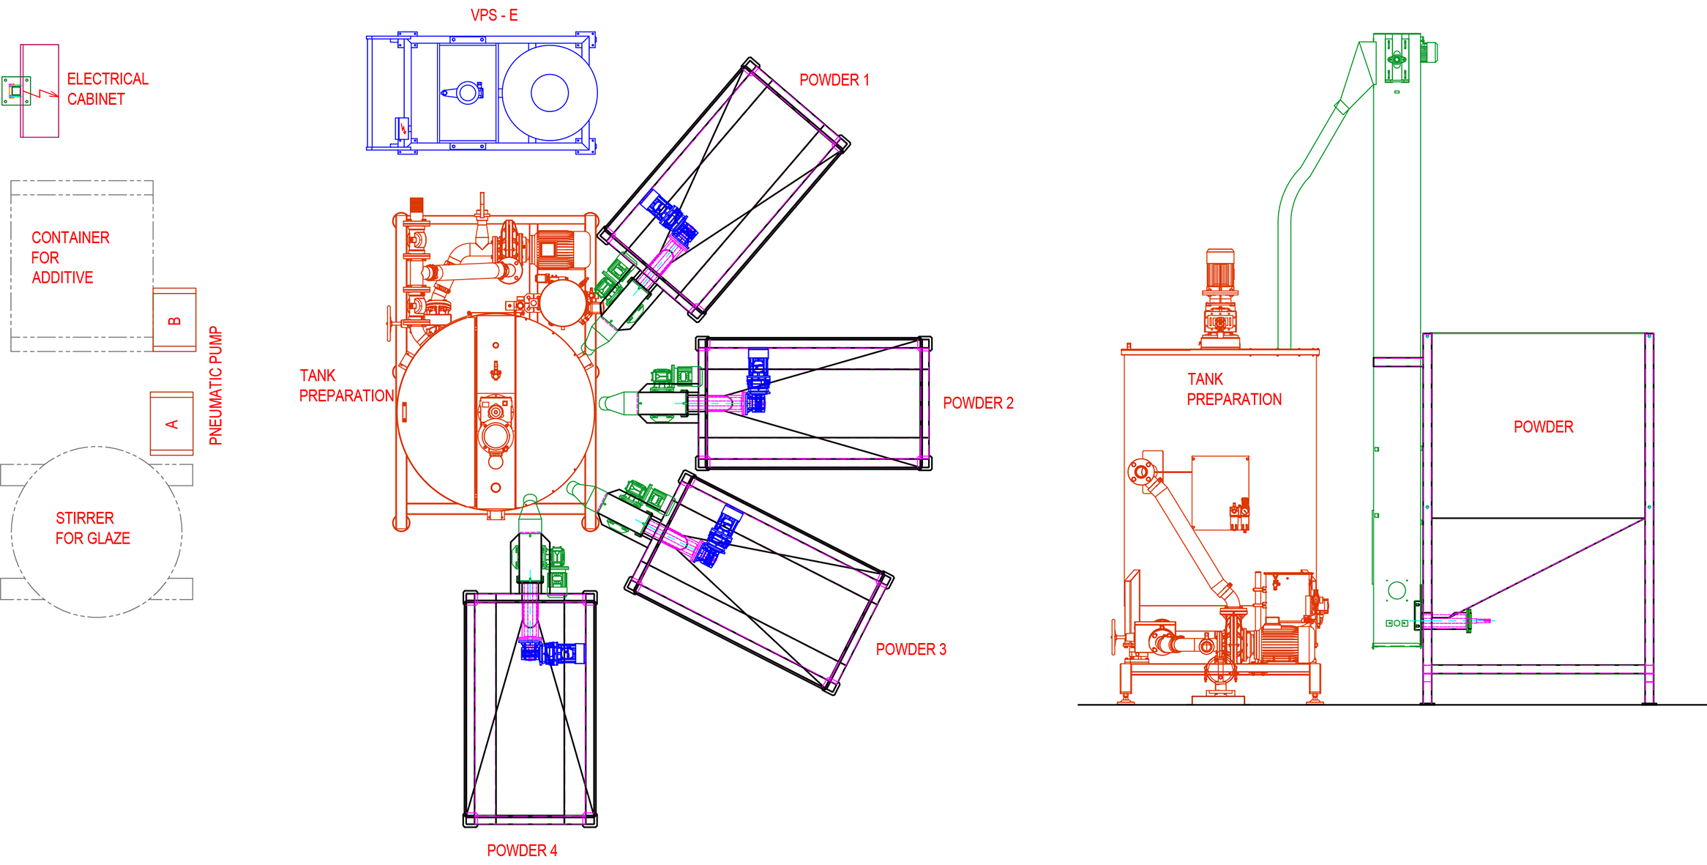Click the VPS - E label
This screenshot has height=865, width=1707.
pos(494,15)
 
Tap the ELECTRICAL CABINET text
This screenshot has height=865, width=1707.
pos(107,89)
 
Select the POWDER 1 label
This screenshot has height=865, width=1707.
pos(834,80)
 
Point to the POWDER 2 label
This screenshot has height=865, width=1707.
pos(978,403)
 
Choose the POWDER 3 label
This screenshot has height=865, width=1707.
pos(911,649)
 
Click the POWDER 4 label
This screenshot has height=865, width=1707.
pos(522,850)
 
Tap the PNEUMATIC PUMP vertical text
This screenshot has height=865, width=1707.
pos(215,385)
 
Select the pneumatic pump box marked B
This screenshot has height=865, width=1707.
pos(174,320)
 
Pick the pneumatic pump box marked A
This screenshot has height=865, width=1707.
pos(172,424)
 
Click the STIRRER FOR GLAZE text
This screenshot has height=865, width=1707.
pos(92,528)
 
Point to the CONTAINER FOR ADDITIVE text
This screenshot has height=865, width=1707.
pos(70,257)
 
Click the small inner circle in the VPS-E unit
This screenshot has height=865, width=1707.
pos(549,93)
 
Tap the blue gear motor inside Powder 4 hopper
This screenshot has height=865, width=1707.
pos(553,653)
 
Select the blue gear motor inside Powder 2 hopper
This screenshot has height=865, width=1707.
pos(758,381)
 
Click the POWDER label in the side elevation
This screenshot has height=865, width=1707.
pos(1543,427)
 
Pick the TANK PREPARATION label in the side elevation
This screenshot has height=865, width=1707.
pos(1233,389)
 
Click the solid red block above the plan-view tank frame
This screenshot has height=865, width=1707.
pos(417,204)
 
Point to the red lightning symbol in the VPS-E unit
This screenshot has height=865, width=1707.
pos(403,129)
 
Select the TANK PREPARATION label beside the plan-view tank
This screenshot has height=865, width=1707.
pos(346,385)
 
